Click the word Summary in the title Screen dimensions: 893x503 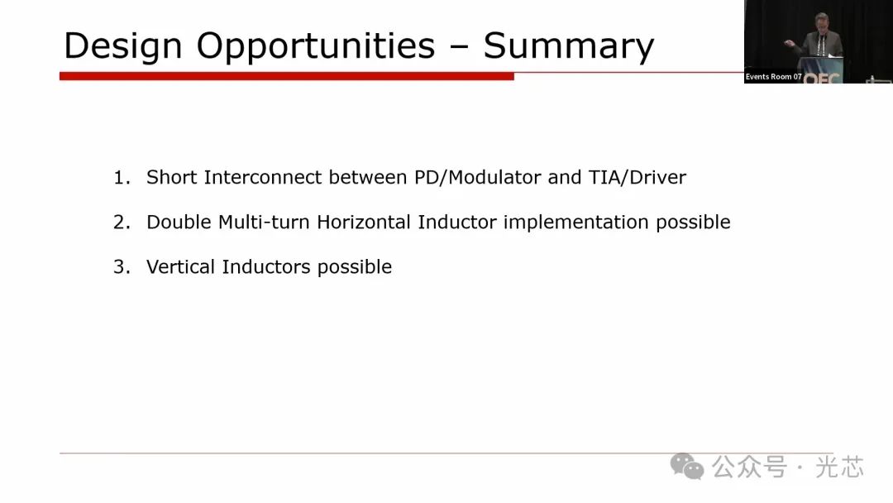(x=568, y=46)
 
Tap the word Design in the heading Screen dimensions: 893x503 (x=122, y=46)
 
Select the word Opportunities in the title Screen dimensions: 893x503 (x=316, y=46)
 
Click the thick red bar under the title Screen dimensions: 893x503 (x=286, y=76)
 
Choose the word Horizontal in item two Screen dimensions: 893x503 (x=363, y=222)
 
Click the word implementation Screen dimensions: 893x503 (x=575, y=223)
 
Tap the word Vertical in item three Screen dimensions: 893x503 (x=180, y=266)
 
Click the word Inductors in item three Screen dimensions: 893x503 (x=266, y=266)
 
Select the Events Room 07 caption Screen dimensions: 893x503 (x=773, y=76)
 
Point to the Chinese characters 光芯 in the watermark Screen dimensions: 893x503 (x=839, y=467)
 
